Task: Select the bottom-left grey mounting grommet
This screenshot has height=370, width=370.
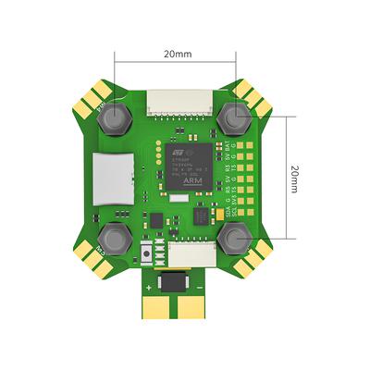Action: (x=115, y=236)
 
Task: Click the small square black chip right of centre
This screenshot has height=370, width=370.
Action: (x=201, y=216)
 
